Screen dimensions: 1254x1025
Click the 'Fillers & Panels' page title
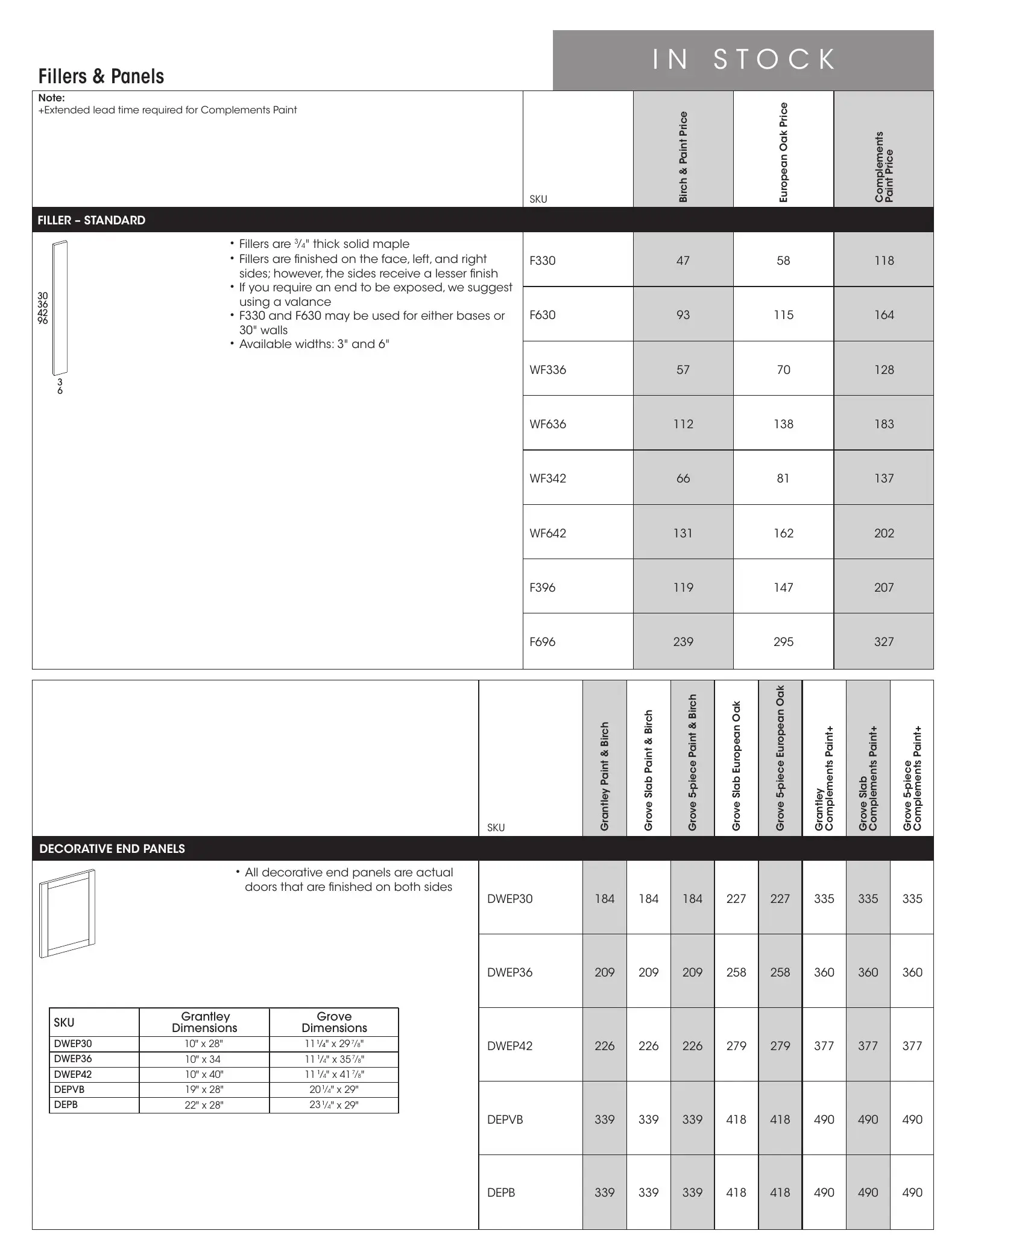(101, 77)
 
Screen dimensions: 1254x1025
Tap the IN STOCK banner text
(744, 60)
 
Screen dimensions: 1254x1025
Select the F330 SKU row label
(542, 261)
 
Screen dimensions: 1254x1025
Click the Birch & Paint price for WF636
(683, 424)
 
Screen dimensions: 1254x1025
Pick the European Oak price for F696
(783, 642)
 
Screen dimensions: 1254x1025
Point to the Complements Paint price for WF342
(884, 478)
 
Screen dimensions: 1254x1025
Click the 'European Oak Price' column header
(783, 152)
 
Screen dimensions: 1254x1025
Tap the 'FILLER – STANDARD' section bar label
(92, 220)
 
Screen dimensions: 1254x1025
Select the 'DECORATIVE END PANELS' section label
(112, 849)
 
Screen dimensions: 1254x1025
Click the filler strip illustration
(60, 308)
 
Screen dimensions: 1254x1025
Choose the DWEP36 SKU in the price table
(509, 972)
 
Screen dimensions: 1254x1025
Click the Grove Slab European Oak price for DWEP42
(736, 1046)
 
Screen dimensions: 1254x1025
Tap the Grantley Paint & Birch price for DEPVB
(604, 1119)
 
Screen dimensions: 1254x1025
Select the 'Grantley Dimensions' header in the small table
(204, 1022)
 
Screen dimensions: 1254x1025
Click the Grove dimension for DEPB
(334, 1105)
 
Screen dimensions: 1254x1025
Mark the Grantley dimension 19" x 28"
(204, 1089)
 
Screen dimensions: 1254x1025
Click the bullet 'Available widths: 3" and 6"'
(314, 344)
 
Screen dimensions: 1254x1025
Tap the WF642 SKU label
(547, 533)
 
